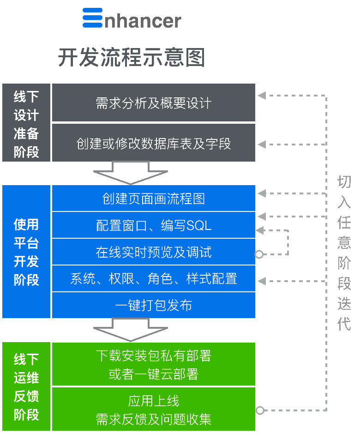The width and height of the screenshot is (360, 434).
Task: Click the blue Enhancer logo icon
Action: coord(92,18)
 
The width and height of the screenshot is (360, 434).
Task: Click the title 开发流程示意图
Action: coord(131,58)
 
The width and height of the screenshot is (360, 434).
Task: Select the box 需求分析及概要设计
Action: coord(153,102)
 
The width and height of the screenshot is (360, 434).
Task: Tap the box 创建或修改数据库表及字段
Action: coord(153,143)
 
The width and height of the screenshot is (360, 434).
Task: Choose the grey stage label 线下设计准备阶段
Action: coord(26,123)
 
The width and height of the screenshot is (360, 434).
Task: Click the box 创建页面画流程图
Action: coord(153,199)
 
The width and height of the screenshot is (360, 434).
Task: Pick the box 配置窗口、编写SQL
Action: coord(153,225)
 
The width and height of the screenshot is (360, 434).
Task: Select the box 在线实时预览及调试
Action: coord(153,252)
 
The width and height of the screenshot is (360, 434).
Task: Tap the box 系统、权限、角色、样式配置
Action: coord(153,279)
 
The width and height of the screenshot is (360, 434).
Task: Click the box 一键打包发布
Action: coord(153,305)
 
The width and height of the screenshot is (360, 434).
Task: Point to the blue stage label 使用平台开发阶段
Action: coord(26,252)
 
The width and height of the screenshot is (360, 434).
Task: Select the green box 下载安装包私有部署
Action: coord(153,364)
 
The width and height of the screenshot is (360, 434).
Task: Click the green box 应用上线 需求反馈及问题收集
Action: coord(153,409)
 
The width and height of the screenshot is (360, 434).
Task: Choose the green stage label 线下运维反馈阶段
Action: coord(26,387)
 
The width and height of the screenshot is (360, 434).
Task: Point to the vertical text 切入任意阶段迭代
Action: coord(344,252)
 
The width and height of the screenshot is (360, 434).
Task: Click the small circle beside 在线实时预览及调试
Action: coord(259,254)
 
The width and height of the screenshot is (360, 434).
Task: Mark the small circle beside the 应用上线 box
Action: coord(260,410)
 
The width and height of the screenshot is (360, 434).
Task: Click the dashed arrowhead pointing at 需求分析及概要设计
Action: coord(262,96)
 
